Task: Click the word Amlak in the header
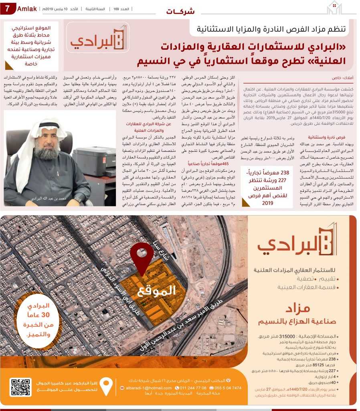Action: tap(27, 8)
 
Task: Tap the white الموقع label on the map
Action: tap(157, 291)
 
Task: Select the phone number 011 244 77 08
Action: tap(193, 388)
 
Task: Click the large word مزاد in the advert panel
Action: tap(298, 308)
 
